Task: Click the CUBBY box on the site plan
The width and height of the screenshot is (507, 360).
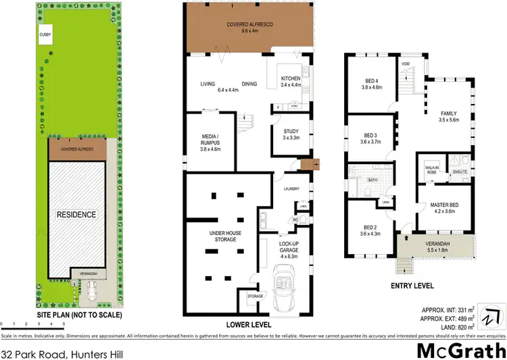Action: coord(45,35)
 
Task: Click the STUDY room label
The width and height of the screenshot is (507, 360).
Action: coord(290,132)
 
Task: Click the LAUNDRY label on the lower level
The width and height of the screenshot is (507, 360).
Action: coord(291,188)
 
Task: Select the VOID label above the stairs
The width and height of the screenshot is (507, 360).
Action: coord(406,65)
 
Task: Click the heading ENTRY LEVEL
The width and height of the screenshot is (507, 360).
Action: coord(412,286)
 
